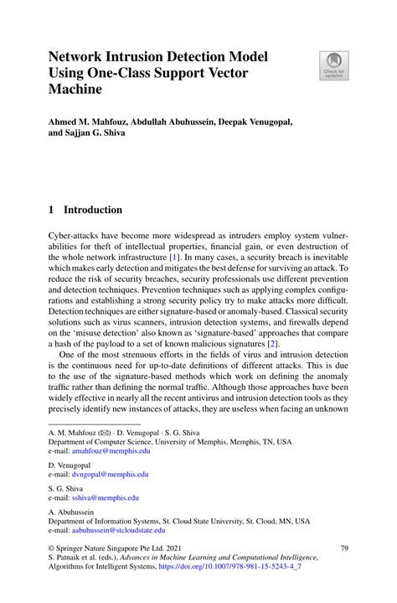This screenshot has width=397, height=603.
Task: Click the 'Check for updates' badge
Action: click(x=333, y=65)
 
